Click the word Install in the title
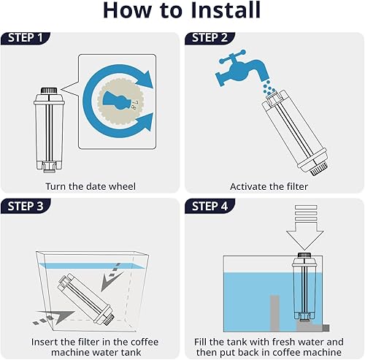pos(226,10)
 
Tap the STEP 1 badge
pos(26,38)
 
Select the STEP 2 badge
pos(210,38)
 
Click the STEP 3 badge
pos(26,206)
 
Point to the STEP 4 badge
pos(210,206)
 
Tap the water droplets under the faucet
pos(269,88)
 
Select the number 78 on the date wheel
pos(134,104)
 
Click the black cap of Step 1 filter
pos(49,91)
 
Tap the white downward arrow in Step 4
pos(305,228)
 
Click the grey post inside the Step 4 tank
pos(274,313)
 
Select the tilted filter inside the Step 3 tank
pos(86,299)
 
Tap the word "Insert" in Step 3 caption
pos(45,342)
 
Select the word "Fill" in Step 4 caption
pos(200,342)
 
